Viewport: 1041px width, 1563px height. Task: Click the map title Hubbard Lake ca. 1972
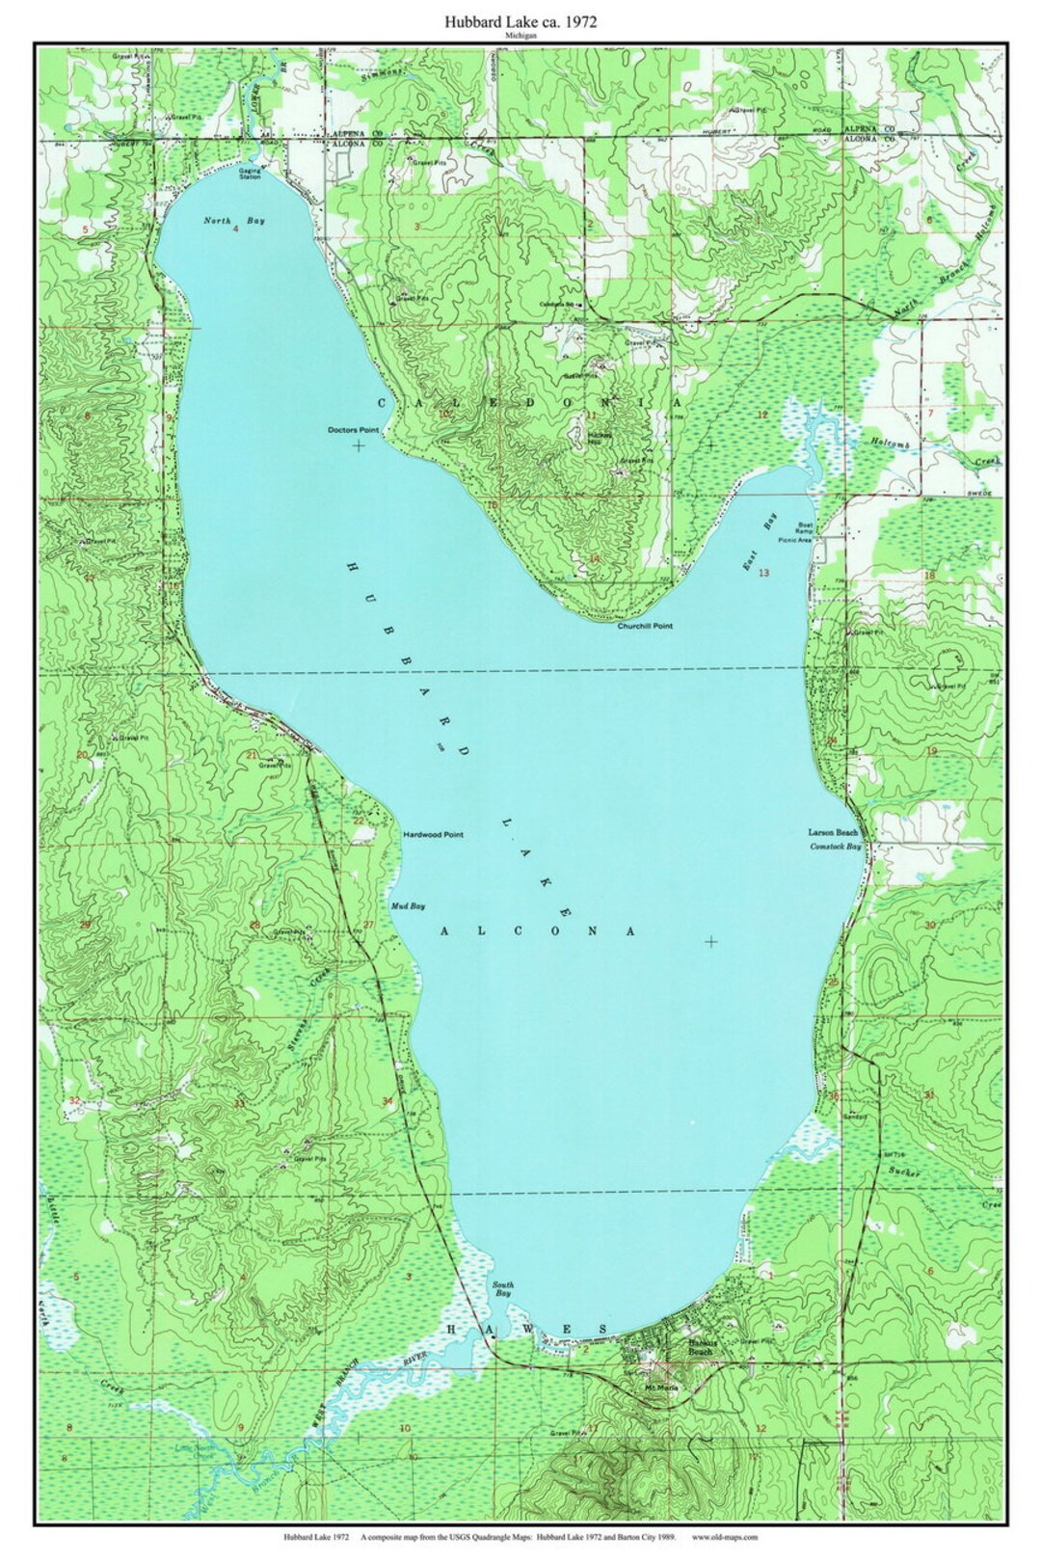[x=520, y=20]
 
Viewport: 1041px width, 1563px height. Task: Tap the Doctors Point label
[x=354, y=429]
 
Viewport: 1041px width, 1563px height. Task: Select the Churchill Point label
[x=645, y=626]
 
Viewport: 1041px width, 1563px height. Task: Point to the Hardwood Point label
[x=434, y=834]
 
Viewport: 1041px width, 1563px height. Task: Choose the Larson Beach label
[x=834, y=831]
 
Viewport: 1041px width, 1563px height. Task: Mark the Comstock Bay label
[x=835, y=846]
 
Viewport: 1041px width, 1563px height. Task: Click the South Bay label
[x=502, y=1289]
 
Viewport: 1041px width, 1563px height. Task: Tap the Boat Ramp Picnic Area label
[x=804, y=531]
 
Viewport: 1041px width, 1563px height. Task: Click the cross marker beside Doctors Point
[x=360, y=445]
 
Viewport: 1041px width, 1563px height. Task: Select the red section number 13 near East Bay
[x=763, y=573]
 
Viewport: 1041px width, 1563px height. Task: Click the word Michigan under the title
[x=520, y=35]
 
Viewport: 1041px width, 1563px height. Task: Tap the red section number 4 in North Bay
[x=235, y=229]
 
